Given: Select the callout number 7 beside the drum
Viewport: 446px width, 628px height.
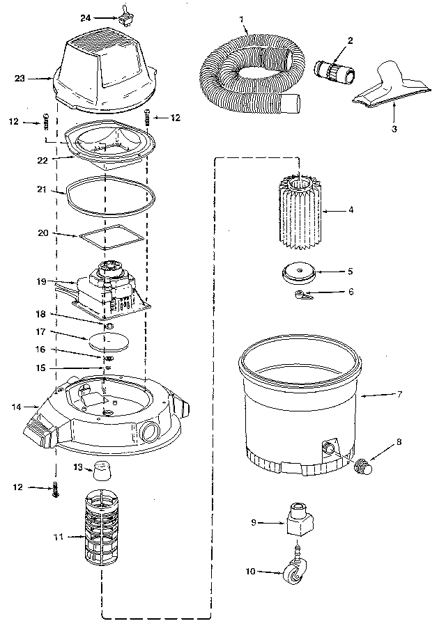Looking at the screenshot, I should [399, 395].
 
